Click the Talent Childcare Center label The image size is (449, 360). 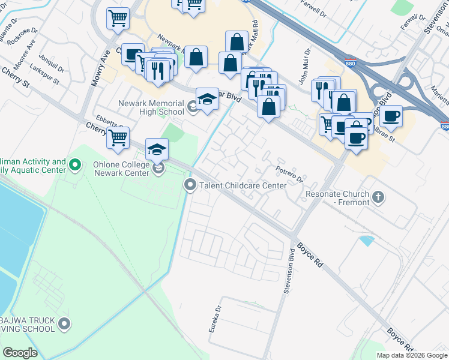pos(243,185)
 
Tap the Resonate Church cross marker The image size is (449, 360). pos(378,197)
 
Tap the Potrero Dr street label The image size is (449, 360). pos(289,174)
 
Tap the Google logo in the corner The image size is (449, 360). pos(20,353)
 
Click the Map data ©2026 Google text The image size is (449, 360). pos(412,355)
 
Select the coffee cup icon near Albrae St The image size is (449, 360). pos(391,115)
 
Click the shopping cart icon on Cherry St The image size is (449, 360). pos(118,137)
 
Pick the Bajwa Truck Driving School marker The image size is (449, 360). pos(65,325)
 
